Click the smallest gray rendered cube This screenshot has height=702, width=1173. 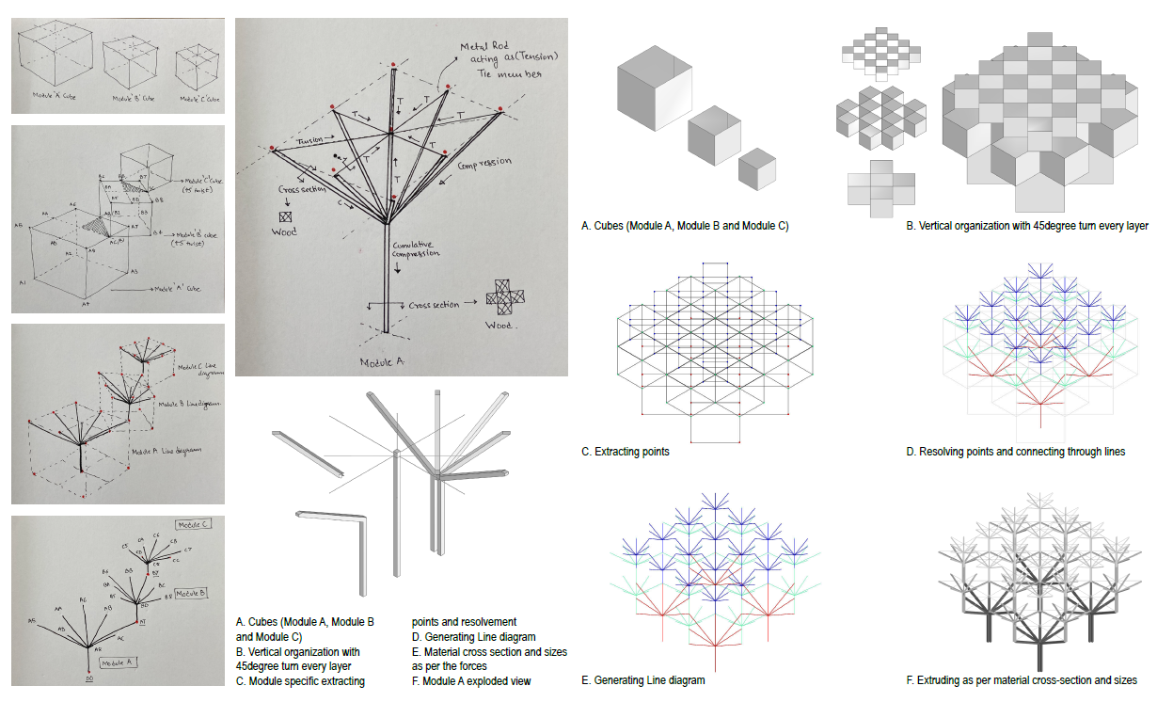tap(757, 169)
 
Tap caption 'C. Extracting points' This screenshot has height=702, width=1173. tap(626, 452)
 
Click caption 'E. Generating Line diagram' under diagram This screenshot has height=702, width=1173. tap(642, 679)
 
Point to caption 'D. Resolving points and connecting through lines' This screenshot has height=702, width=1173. tap(1015, 452)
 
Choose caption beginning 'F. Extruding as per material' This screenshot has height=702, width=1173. tap(1022, 679)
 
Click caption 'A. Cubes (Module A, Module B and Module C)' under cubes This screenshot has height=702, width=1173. tap(684, 226)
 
